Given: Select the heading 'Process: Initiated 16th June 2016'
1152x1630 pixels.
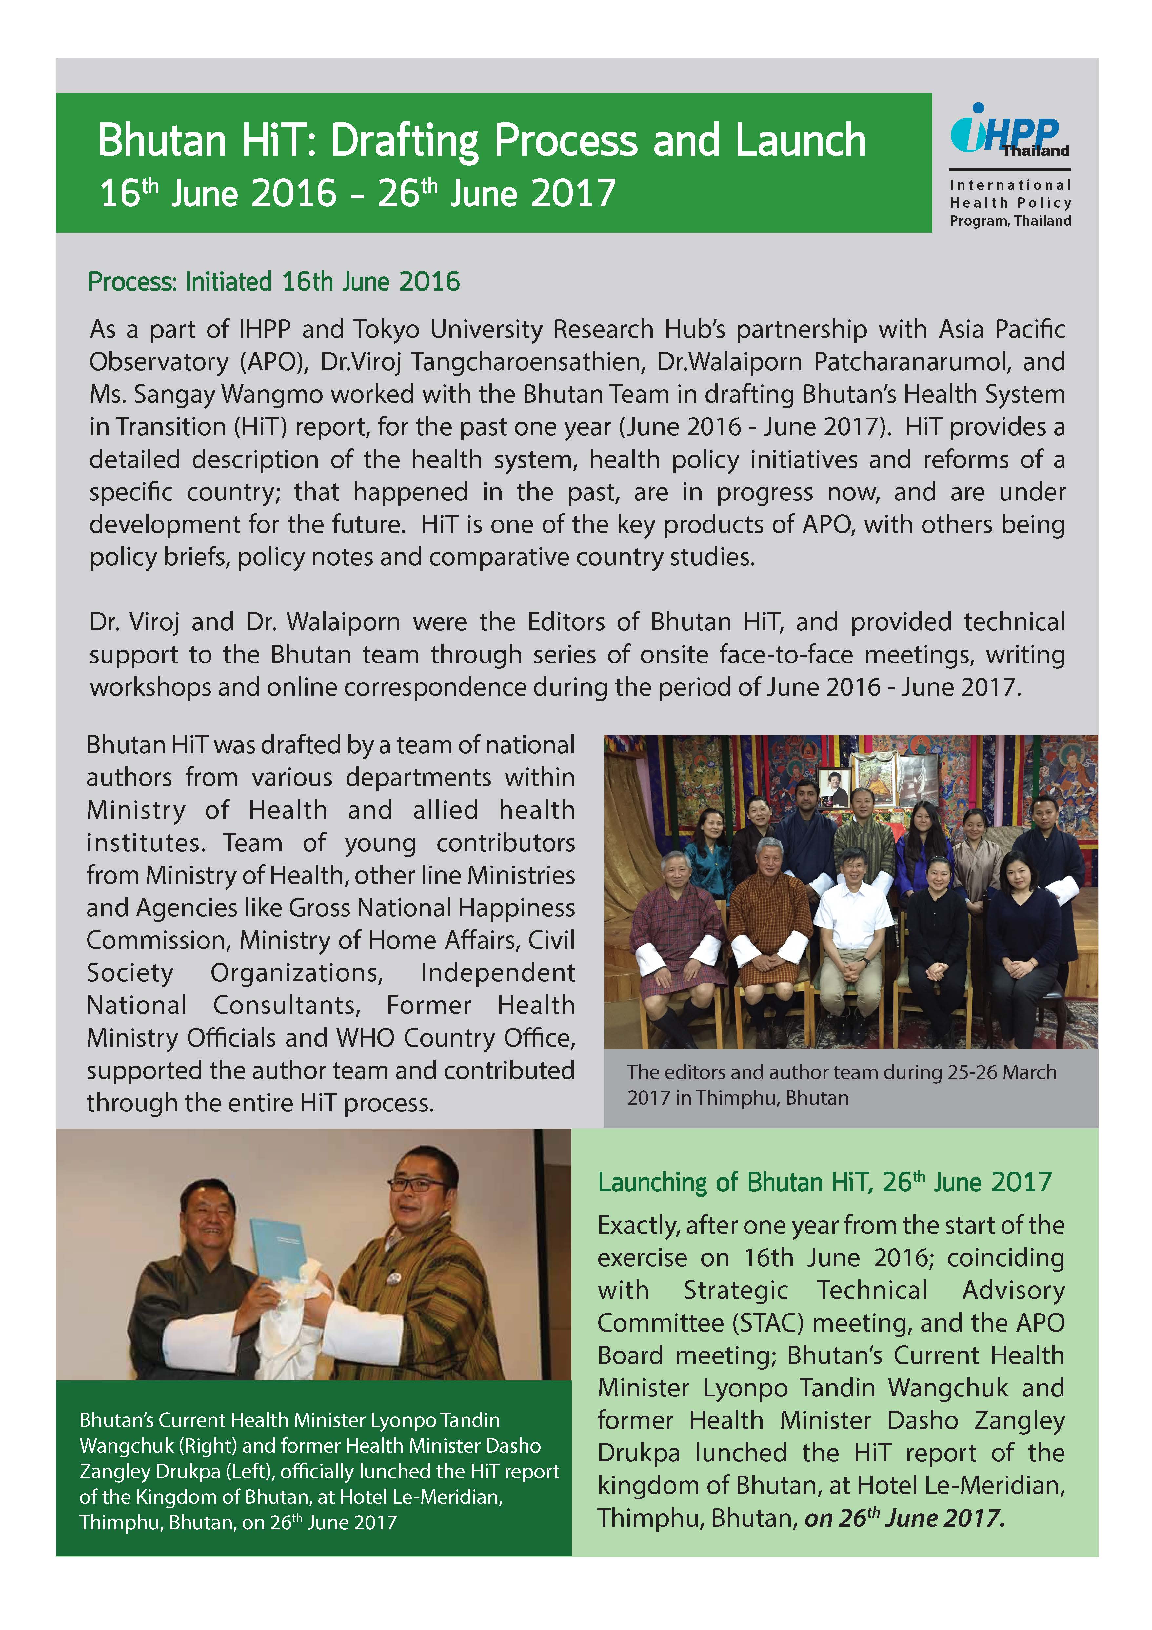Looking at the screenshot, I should (273, 282).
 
